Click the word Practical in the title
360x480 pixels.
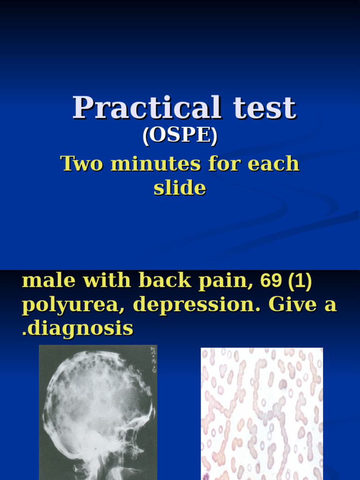(x=146, y=108)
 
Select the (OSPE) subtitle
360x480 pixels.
(x=180, y=135)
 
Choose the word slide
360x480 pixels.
(x=180, y=188)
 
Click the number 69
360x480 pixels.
(x=271, y=280)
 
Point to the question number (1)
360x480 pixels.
(x=300, y=280)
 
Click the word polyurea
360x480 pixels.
(x=74, y=305)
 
